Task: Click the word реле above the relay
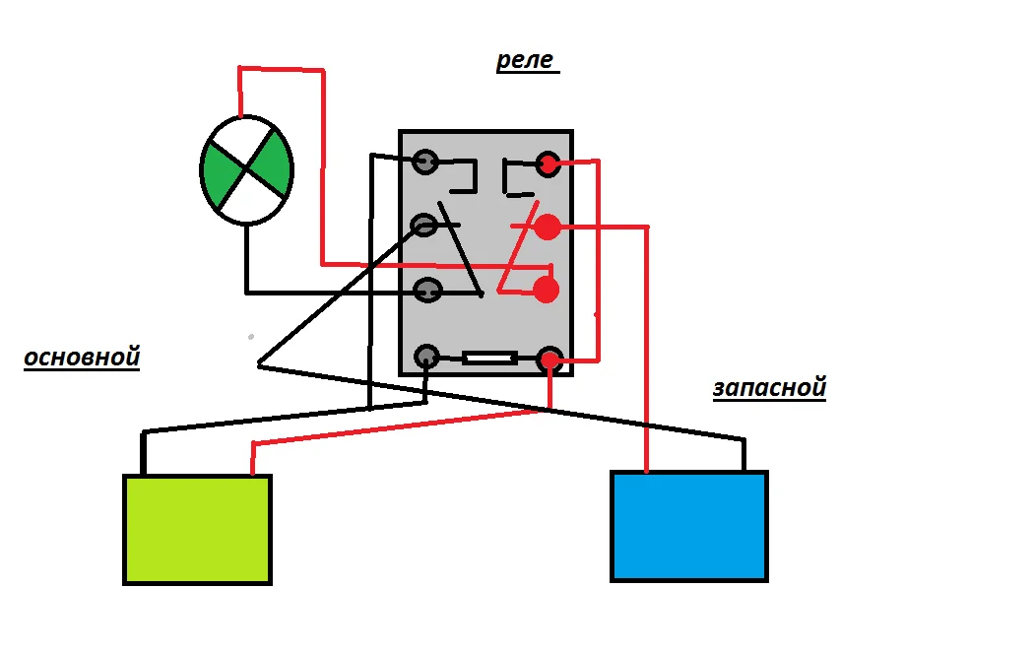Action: pos(526,61)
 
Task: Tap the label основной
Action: pos(82,357)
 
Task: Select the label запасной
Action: pos(769,387)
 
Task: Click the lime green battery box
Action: pos(197,529)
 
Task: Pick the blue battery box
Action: pos(688,526)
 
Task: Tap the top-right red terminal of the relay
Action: pos(548,163)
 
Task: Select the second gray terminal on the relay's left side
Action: pos(424,226)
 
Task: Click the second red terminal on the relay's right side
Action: pos(548,228)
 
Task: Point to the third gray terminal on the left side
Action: pos(427,291)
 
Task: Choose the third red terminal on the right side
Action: pos(546,290)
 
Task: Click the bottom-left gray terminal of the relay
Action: pos(427,356)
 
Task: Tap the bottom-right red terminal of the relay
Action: pos(549,360)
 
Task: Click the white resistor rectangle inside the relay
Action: pos(489,359)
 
